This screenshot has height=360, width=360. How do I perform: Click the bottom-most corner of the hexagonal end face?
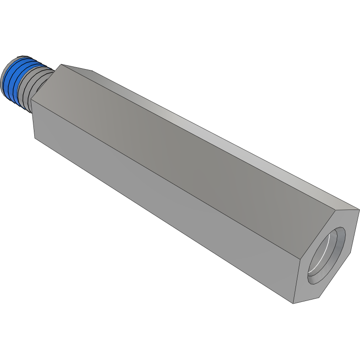293,303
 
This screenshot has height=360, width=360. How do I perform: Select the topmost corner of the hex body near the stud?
61,64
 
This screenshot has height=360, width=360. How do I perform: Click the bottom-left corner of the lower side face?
36,137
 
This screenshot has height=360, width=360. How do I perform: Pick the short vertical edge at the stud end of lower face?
33,119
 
